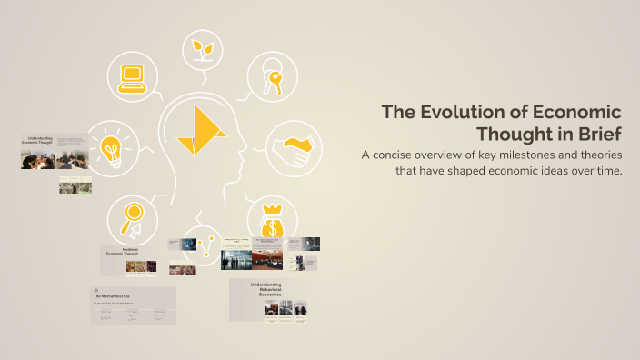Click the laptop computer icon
click(x=133, y=77)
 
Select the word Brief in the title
click(x=597, y=134)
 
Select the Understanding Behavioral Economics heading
click(x=266, y=289)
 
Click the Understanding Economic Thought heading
click(x=38, y=142)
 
